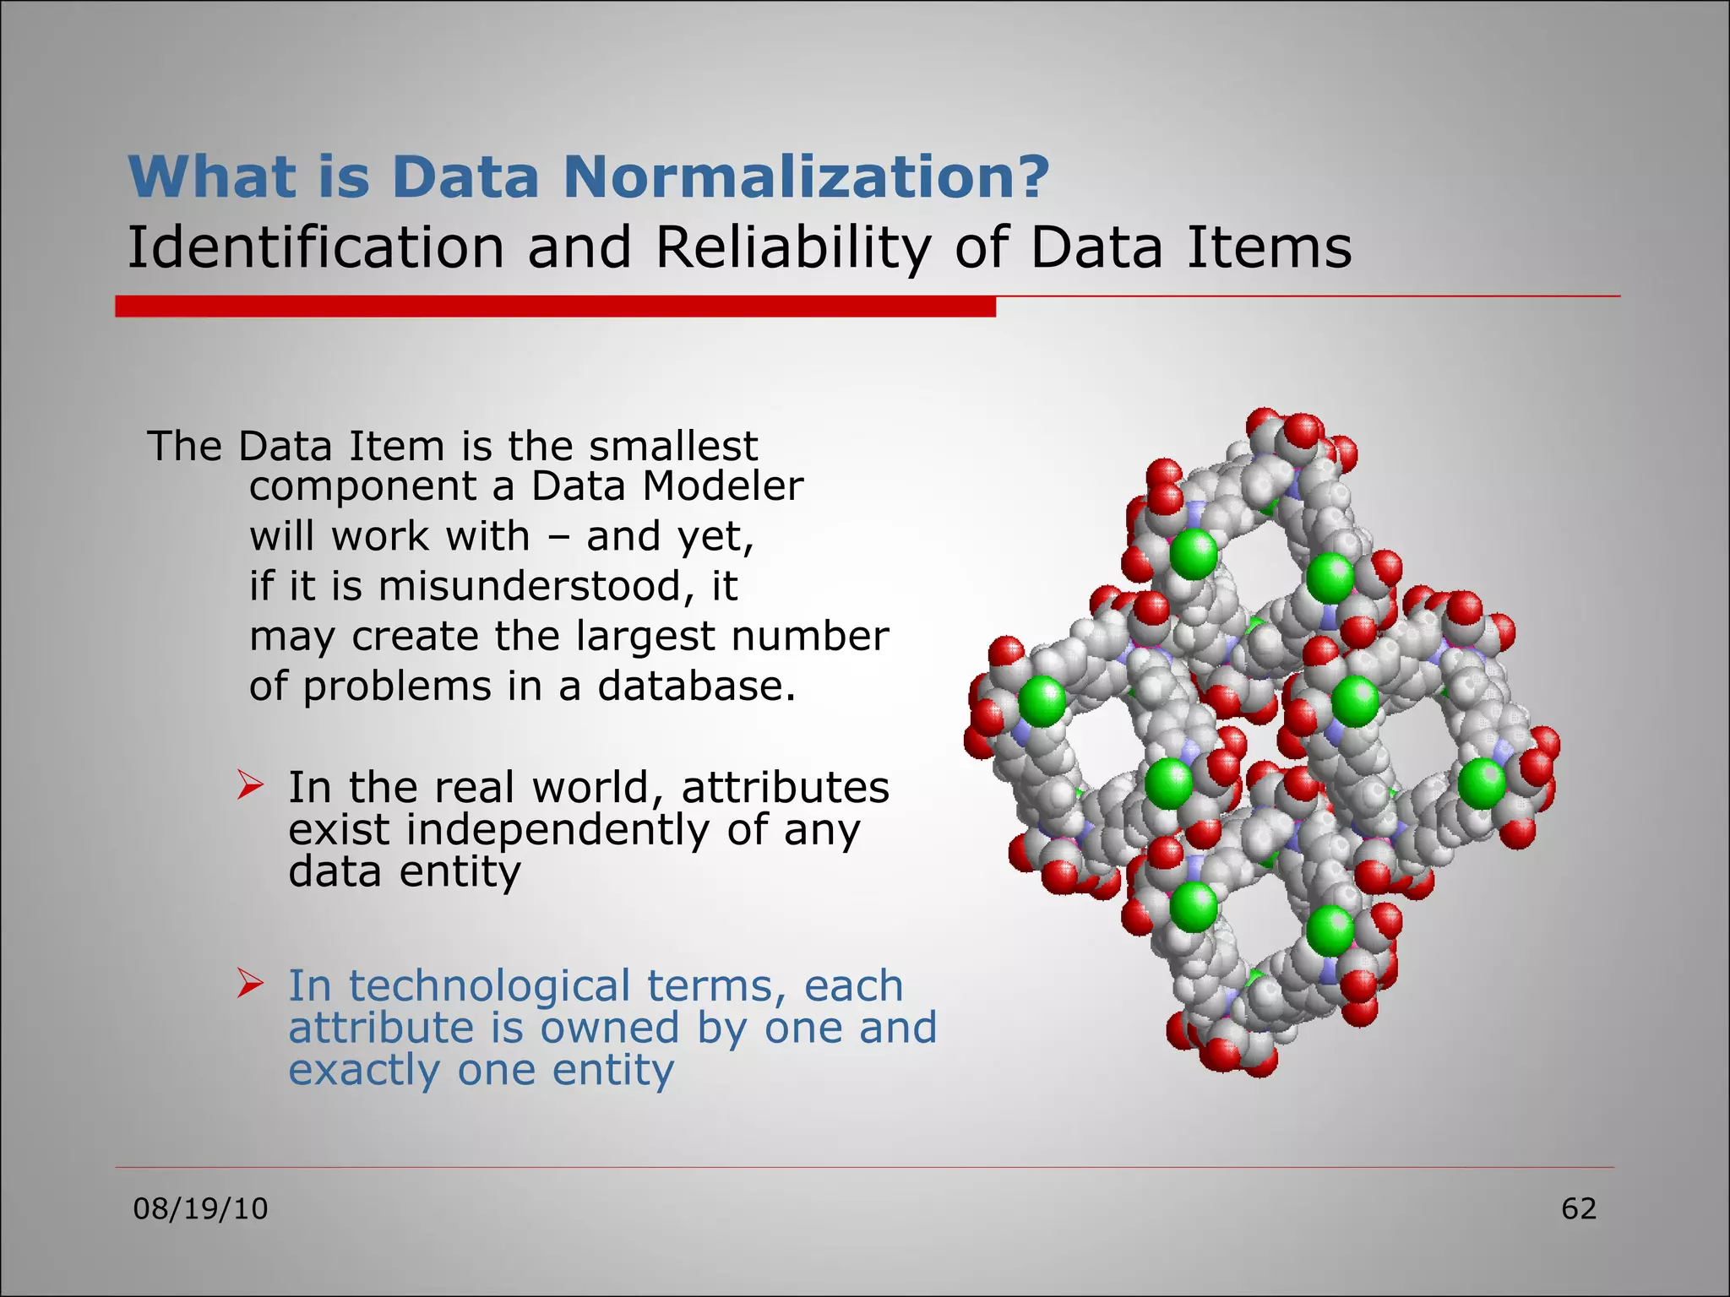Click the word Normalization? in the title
pyautogui.click(x=806, y=176)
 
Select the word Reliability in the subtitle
pyautogui.click(x=792, y=247)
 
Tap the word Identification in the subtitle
pyautogui.click(x=315, y=247)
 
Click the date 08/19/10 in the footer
pyautogui.click(x=200, y=1209)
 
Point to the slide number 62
pyautogui.click(x=1578, y=1209)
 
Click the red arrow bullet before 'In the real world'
pyautogui.click(x=251, y=785)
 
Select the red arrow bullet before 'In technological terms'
pyautogui.click(x=251, y=984)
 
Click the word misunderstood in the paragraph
pyautogui.click(x=530, y=586)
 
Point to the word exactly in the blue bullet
pyautogui.click(x=364, y=1071)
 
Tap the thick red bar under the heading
pyautogui.click(x=555, y=307)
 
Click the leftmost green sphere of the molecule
pyautogui.click(x=1042, y=701)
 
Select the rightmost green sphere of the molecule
pyautogui.click(x=1482, y=783)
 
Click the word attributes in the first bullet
pyautogui.click(x=785, y=787)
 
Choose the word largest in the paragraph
pyautogui.click(x=646, y=637)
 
